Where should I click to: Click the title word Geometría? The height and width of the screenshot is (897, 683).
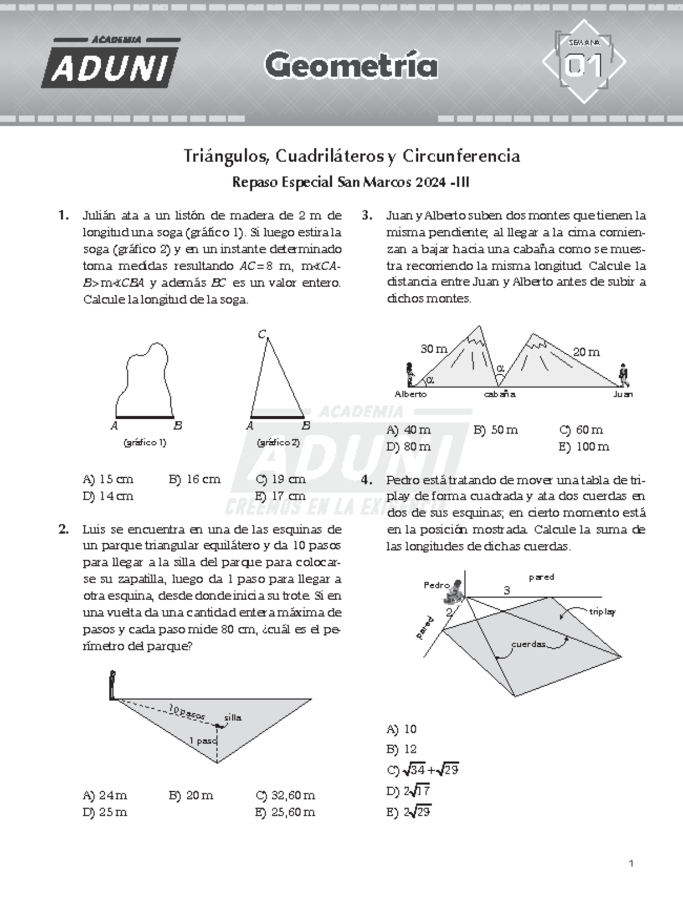pos(351,66)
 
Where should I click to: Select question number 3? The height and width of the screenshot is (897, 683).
pos(367,216)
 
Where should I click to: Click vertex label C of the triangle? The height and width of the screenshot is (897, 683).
pos(262,334)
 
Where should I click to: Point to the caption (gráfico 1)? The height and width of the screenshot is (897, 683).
pos(145,443)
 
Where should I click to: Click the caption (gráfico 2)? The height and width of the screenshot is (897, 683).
pos(278,443)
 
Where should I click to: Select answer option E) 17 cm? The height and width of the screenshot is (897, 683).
pos(281,496)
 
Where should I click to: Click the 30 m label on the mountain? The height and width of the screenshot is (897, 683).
pos(434,349)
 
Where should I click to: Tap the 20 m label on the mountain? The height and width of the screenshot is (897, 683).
pos(586,352)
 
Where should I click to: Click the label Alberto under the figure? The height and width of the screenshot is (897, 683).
pos(410,394)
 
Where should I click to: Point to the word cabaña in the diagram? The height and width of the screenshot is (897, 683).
pos(500,394)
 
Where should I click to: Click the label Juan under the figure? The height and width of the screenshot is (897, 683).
pos(623,394)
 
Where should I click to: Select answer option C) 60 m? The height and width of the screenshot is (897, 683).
pos(581,430)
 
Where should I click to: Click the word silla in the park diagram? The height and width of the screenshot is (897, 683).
pos(232,718)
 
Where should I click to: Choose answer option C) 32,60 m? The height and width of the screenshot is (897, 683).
pos(285,795)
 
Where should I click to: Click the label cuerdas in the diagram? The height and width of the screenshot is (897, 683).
pos(529,644)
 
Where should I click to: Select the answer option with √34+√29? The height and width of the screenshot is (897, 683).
pos(422,770)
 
